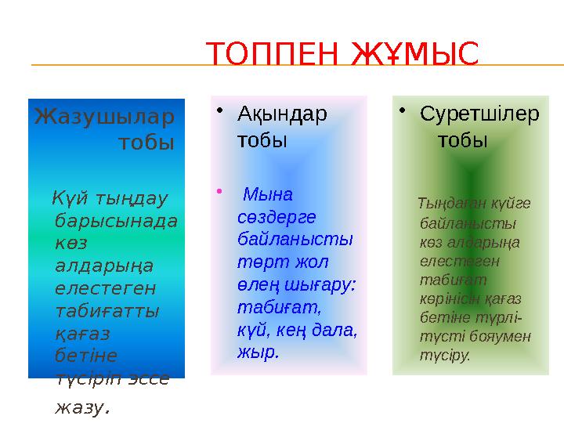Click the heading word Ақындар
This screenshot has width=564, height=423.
coord(282,114)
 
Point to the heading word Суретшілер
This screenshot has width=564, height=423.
coord(479,114)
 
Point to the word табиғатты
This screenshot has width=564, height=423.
coord(107,310)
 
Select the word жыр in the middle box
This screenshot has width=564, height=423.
coord(256,352)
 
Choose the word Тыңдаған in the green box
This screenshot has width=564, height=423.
coord(446,204)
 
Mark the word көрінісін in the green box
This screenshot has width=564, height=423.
coord(448,298)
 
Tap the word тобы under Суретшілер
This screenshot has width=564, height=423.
coord(463,140)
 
